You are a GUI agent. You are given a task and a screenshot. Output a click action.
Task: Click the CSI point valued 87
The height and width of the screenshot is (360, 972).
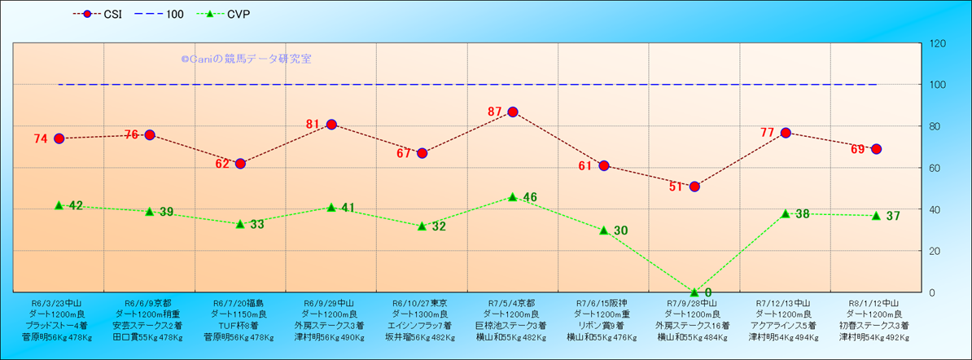coord(513,112)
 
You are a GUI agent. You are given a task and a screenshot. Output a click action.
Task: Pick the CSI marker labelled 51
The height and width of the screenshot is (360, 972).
coord(694,187)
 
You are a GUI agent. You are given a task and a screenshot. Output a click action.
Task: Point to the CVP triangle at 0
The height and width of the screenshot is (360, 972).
coord(694,292)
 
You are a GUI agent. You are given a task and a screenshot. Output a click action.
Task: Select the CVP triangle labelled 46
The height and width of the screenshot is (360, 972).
coord(513,196)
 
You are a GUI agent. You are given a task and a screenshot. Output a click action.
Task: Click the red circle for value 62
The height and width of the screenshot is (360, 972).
coord(240,164)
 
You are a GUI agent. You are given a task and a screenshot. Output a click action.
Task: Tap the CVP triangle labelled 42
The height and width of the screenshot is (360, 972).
coord(59,204)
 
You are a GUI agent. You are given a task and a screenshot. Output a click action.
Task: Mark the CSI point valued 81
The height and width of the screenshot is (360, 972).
coord(331,124)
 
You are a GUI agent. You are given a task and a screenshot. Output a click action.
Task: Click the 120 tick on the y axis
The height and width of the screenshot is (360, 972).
coord(938,43)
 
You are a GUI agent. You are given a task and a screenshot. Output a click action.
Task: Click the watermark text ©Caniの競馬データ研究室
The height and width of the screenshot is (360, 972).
coord(246,59)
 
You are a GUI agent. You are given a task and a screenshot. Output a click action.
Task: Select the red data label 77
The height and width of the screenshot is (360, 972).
coord(767,133)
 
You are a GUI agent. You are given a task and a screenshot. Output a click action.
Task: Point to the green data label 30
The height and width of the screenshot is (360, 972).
coord(620,231)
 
